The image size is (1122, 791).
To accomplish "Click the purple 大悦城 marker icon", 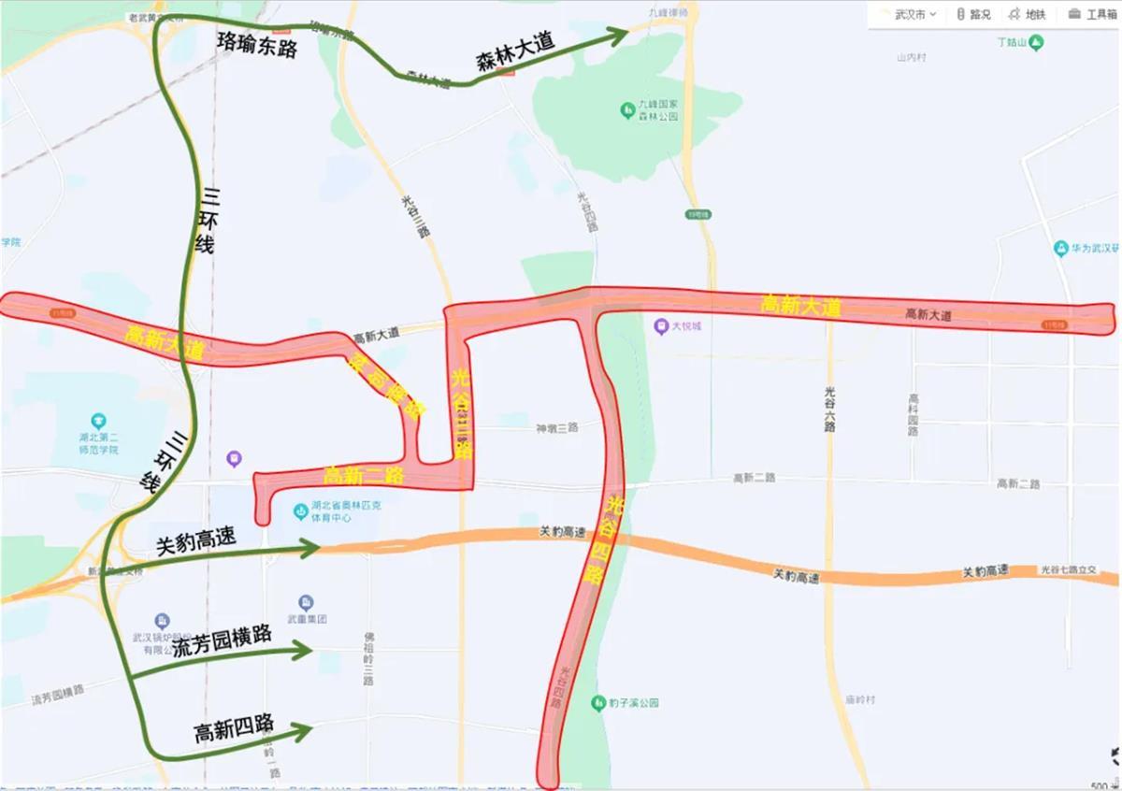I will [660, 326].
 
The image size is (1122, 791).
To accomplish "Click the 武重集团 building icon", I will [306, 602].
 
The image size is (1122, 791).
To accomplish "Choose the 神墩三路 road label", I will [556, 427].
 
